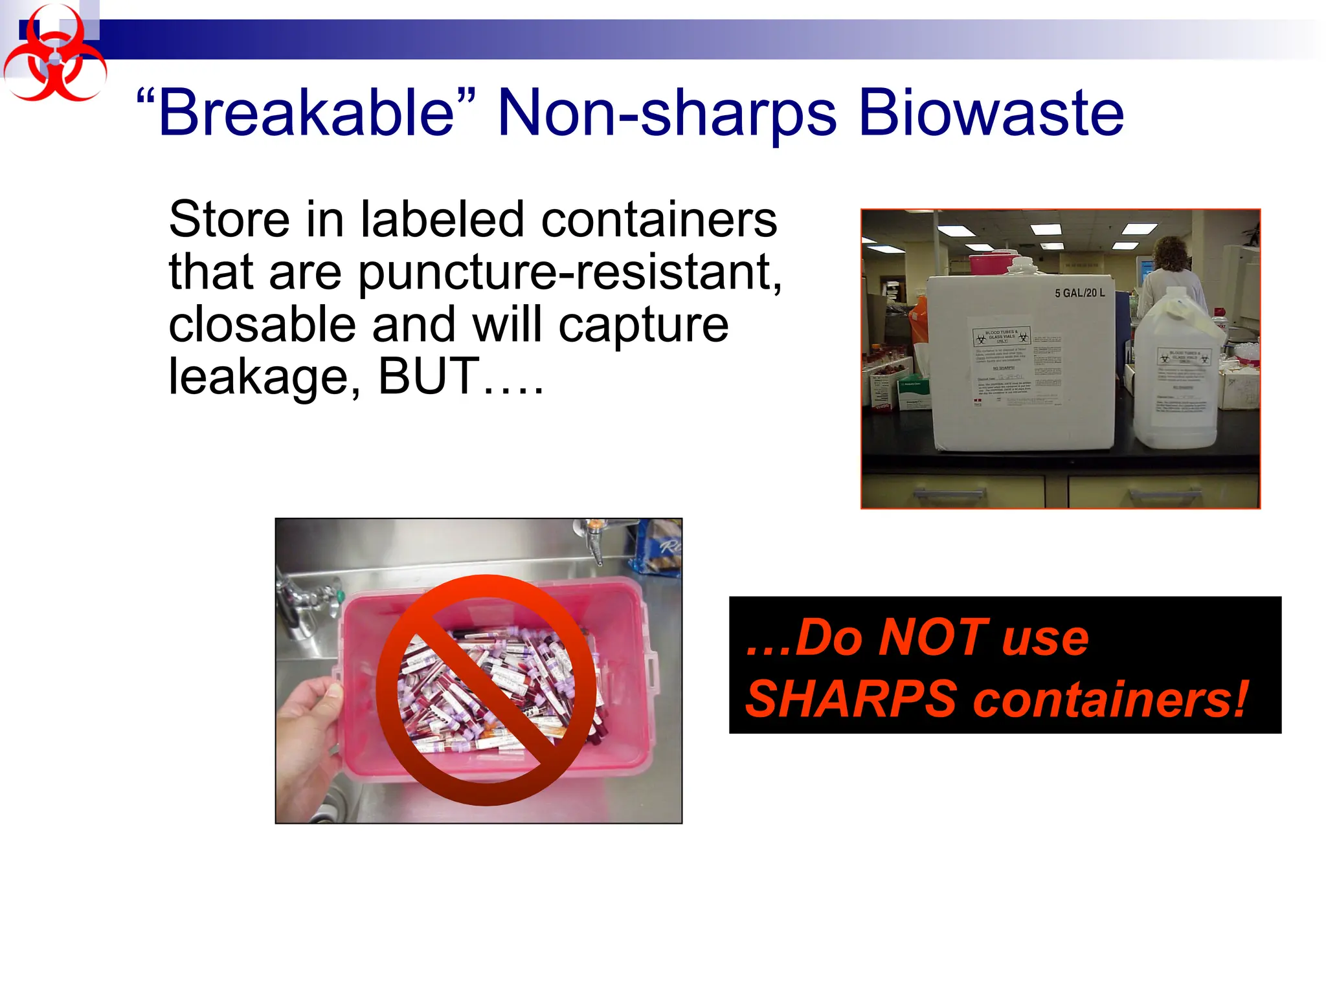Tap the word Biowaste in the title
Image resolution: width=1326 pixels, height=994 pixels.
coord(991,114)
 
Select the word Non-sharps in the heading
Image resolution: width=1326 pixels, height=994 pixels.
coord(667,114)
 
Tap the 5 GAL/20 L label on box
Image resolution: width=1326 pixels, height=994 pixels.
coord(1079,293)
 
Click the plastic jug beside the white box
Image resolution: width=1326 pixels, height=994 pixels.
coord(1176,375)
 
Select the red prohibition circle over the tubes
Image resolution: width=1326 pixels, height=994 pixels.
coord(486,690)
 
